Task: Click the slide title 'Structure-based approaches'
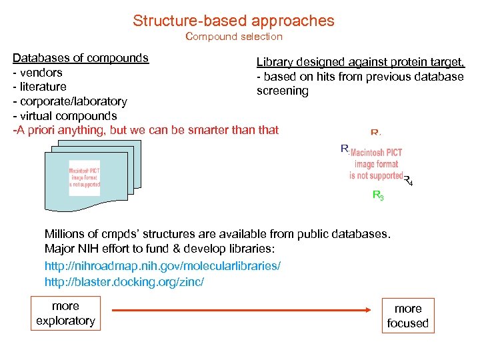[x=233, y=21]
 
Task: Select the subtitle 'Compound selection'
[x=233, y=37]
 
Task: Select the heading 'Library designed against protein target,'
[x=361, y=63]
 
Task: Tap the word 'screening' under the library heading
[x=283, y=91]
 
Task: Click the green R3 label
[x=377, y=196]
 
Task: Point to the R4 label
[x=409, y=180]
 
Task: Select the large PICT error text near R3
[x=376, y=164]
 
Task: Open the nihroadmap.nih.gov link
[x=163, y=266]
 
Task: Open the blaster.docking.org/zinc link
[x=124, y=282]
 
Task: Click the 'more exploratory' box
[x=65, y=313]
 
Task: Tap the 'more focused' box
[x=408, y=316]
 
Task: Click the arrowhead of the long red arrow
[x=367, y=311]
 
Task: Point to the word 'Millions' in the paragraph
[x=65, y=234]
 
